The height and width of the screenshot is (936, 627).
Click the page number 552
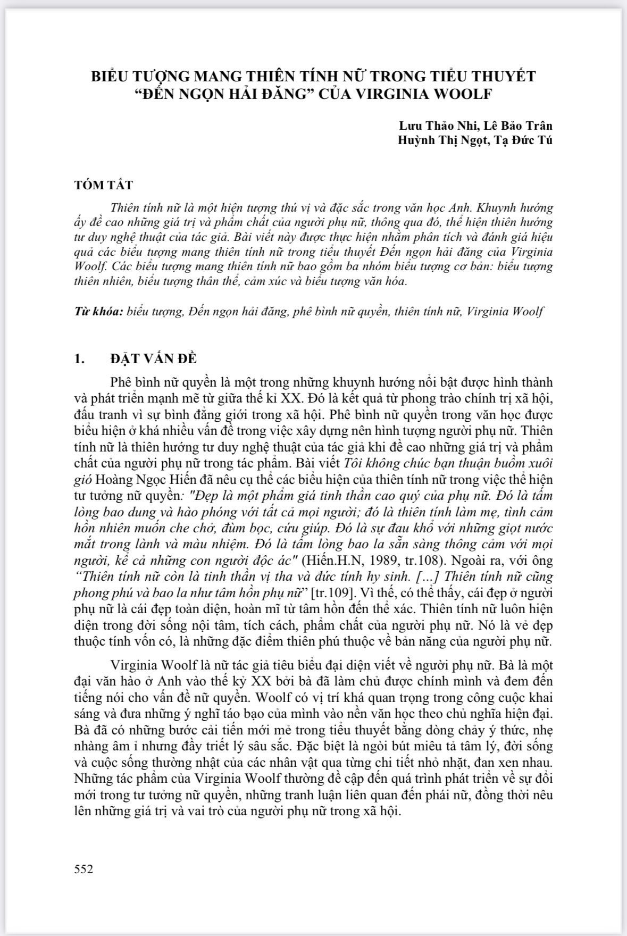(84, 869)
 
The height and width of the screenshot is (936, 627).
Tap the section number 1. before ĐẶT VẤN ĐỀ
(79, 358)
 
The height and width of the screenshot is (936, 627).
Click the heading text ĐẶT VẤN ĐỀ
(153, 358)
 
